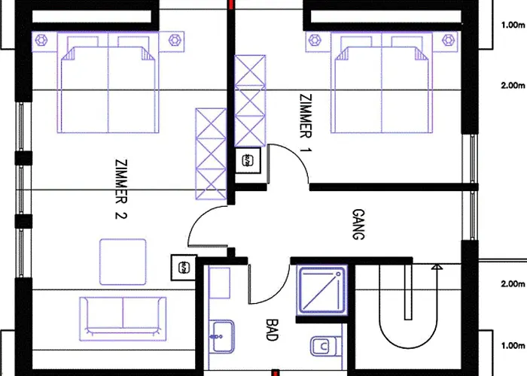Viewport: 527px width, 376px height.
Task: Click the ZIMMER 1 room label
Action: pos(306,123)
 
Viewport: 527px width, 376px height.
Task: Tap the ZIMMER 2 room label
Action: pos(121,189)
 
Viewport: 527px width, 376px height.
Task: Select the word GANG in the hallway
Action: pos(358,224)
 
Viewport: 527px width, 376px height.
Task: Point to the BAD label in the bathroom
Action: pos(272,329)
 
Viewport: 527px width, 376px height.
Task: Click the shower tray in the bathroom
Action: pos(321,290)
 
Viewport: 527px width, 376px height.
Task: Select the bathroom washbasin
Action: pos(221,337)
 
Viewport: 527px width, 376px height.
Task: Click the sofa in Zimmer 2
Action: pos(123,319)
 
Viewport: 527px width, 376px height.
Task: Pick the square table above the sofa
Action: pos(123,262)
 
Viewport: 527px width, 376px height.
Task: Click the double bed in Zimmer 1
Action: pos(382,83)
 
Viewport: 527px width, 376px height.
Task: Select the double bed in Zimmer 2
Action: pos(108,83)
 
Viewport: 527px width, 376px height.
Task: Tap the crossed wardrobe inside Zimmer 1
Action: pos(250,101)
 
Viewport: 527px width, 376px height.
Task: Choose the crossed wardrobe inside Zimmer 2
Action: pos(211,153)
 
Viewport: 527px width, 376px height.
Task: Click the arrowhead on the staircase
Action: pos(437,266)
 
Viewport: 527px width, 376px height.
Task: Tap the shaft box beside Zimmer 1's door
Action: pos(248,161)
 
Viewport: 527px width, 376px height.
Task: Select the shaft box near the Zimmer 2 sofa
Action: pos(184,268)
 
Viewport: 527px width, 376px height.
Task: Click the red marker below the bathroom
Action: pos(275,373)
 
